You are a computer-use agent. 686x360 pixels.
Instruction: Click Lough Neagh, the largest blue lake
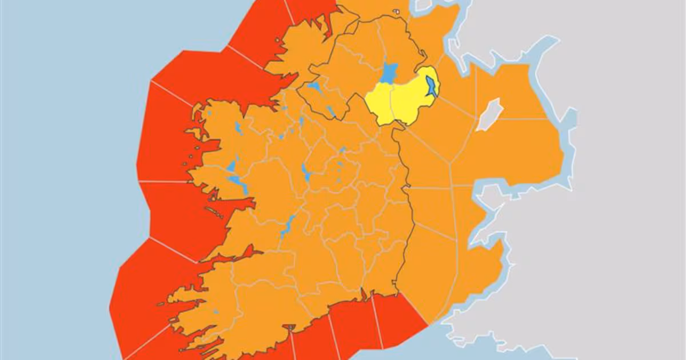[389, 73]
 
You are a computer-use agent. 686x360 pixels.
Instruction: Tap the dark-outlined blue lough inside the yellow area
[432, 86]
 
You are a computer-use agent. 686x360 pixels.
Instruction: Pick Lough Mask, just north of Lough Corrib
[231, 167]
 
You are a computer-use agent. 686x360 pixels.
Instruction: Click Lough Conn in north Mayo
[238, 128]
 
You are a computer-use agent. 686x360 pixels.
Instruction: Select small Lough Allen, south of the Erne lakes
[301, 121]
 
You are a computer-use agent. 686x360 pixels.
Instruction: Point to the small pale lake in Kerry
[217, 312]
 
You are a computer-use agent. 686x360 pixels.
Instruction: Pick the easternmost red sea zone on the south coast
[400, 320]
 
